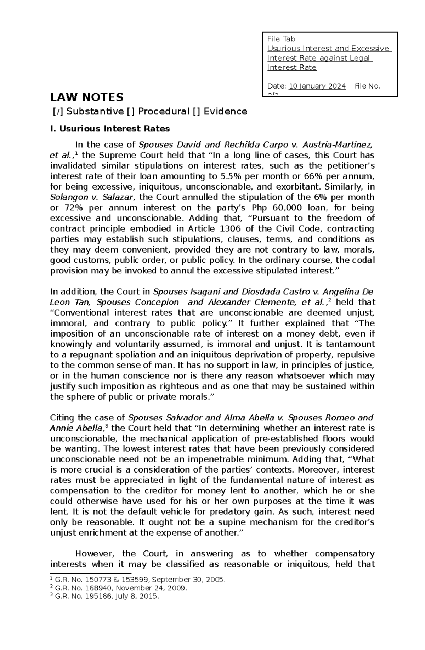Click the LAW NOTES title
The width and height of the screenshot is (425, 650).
(x=87, y=97)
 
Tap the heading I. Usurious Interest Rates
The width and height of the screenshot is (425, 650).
(x=110, y=129)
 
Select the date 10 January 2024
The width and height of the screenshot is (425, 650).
(x=317, y=86)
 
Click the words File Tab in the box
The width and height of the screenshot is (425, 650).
(x=281, y=39)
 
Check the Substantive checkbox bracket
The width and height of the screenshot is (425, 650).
(x=57, y=112)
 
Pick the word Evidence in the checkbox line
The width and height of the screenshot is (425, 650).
(x=225, y=112)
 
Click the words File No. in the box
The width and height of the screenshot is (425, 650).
(x=367, y=86)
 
